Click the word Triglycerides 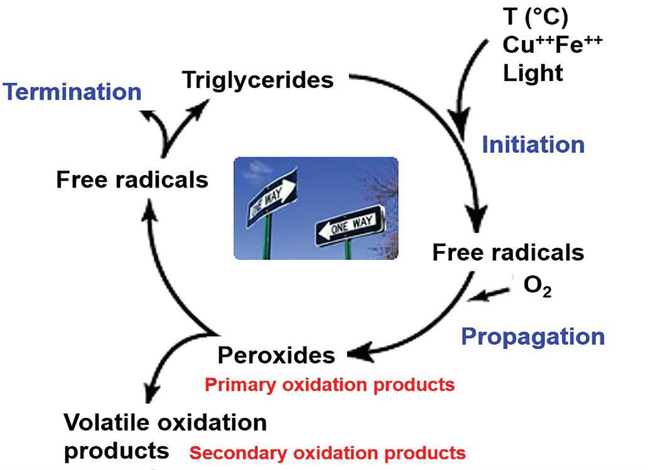click(258, 80)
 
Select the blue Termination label click(72, 92)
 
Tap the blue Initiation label click(533, 145)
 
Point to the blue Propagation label click(532, 336)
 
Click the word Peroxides click(276, 355)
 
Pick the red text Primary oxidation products click(329, 384)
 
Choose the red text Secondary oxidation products click(328, 452)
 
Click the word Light click(533, 73)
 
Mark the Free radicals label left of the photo click(132, 180)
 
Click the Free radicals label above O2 click(508, 252)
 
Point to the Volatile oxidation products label click(165, 435)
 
